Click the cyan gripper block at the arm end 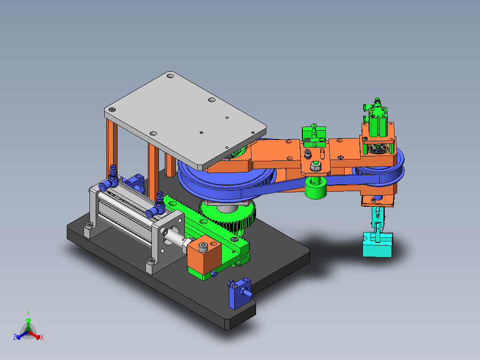pos(378,245)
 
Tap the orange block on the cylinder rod pos(204,254)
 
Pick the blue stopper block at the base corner pos(240,293)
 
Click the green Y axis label pos(28,314)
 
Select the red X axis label pos(42,337)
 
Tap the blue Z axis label pos(14,337)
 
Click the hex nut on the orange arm pos(315,166)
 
